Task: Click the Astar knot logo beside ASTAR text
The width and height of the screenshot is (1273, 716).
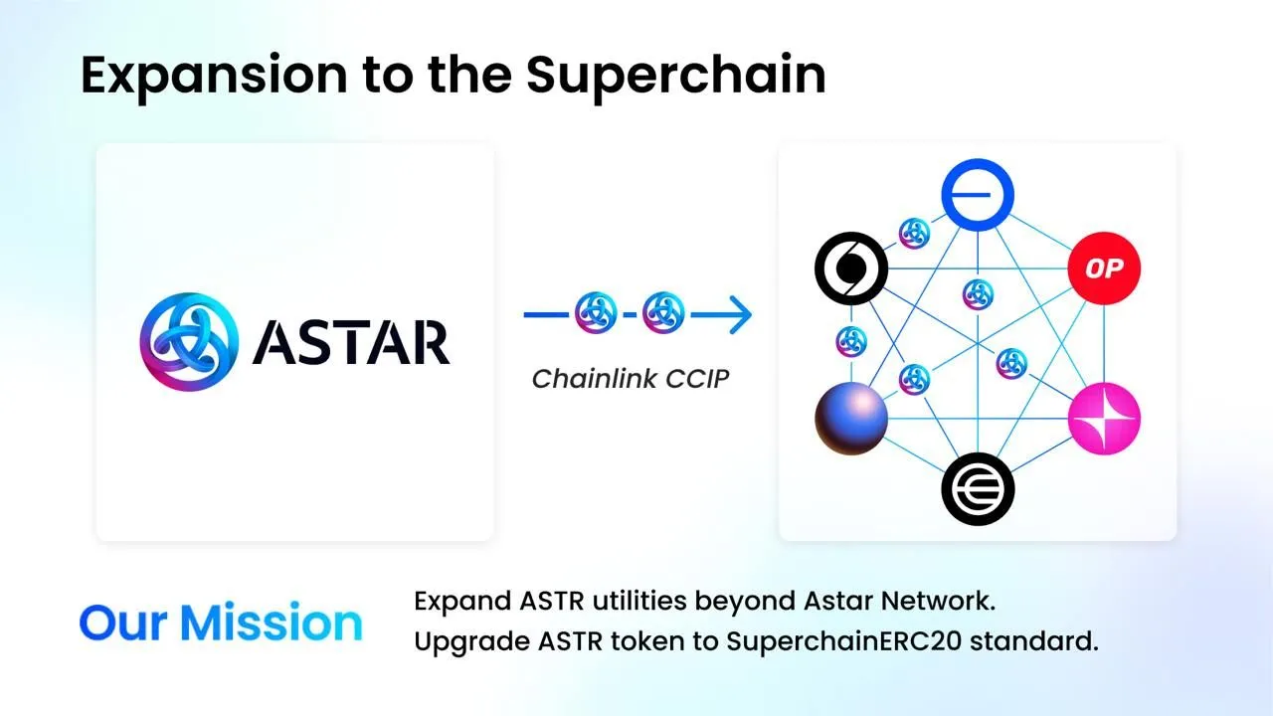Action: (189, 341)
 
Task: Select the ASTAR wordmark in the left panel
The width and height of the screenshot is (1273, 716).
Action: (350, 342)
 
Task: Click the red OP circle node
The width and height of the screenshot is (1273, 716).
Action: (1103, 268)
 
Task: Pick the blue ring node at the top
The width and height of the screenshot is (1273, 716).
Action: (978, 194)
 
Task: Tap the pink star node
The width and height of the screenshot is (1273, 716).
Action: (1104, 420)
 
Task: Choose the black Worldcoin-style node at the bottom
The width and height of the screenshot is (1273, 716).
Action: (978, 489)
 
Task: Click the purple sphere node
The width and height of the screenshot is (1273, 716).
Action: (851, 418)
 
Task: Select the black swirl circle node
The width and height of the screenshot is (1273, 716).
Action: (851, 268)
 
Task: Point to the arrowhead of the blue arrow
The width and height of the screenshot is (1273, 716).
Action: (741, 315)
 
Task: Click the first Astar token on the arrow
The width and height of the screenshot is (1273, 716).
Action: (597, 315)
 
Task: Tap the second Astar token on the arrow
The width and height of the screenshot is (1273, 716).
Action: (663, 315)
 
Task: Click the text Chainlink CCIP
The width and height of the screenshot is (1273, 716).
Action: (631, 379)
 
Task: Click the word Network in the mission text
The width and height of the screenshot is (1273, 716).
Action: (943, 602)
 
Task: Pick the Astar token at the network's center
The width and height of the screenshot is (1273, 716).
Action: (979, 293)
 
